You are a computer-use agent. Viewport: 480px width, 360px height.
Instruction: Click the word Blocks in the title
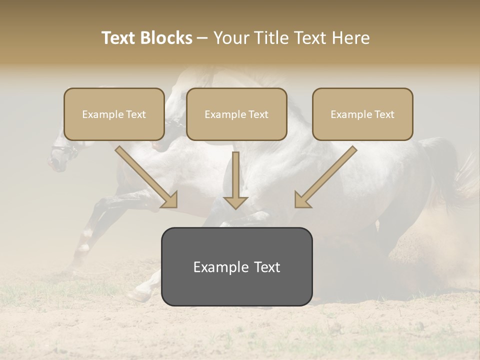pos(167,38)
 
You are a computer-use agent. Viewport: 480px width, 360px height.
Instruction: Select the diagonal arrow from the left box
pos(147,177)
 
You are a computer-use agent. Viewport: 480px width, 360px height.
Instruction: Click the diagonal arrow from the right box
pos(325,177)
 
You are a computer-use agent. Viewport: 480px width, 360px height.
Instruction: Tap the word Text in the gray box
pos(267,267)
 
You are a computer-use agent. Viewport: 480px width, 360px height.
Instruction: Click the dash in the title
pos(203,38)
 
